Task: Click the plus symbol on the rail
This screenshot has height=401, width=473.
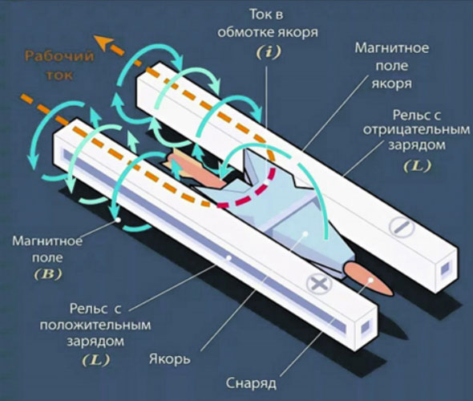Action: [319, 283]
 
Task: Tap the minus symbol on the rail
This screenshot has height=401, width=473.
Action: [402, 227]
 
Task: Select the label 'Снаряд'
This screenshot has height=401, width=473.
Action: [251, 383]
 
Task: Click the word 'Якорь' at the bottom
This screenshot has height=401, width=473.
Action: [169, 359]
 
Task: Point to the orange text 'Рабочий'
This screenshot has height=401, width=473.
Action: [59, 56]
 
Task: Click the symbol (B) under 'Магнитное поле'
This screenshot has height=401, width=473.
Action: [47, 274]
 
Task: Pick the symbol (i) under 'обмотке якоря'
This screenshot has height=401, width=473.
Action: [269, 52]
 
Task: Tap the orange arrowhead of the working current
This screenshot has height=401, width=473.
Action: [103, 42]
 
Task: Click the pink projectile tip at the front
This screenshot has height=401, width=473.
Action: [370, 280]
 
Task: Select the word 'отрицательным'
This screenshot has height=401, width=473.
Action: [416, 130]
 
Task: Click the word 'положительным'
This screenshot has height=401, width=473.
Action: [95, 326]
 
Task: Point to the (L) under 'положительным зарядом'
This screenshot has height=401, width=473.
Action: [96, 359]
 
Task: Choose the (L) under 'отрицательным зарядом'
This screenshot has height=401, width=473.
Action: [418, 166]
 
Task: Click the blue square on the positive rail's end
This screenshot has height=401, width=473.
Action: [366, 326]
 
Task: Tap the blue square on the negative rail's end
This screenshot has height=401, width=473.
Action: [445, 268]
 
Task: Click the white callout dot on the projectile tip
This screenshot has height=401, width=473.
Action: [371, 281]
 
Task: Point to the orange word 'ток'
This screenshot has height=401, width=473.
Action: [59, 75]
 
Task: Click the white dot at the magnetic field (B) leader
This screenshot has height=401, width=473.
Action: [119, 220]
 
